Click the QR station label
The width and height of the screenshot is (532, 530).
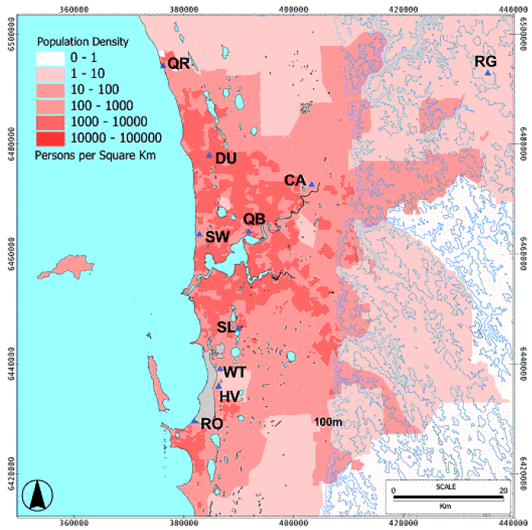[178, 64]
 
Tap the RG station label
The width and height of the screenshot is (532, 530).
[485, 61]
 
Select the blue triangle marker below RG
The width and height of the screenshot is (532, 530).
[488, 74]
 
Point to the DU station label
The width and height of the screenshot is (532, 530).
[227, 159]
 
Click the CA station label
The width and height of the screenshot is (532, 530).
[295, 181]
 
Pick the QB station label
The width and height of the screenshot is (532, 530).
[254, 219]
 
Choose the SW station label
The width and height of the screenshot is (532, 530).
[217, 237]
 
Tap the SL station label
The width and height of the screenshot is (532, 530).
[225, 328]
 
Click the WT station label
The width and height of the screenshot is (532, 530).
[235, 372]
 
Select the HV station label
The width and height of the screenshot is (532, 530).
[230, 397]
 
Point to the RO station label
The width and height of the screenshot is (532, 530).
[211, 424]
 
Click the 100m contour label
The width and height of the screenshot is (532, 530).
[327, 421]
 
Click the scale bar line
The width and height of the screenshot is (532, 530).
[449, 499]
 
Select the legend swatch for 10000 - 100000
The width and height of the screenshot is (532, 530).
[52, 138]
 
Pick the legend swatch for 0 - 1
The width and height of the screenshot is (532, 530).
[52, 57]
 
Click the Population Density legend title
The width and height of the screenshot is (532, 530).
[82, 41]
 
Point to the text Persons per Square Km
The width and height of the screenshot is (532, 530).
[90, 154]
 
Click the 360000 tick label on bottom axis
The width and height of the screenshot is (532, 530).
[73, 522]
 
